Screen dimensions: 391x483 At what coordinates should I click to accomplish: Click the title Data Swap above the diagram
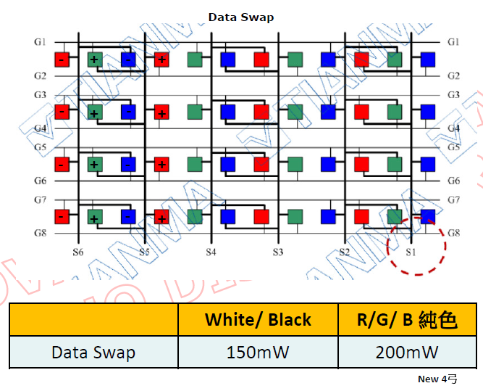pyautogui.click(x=241, y=17)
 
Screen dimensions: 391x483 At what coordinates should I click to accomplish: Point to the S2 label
pyautogui.click(x=345, y=252)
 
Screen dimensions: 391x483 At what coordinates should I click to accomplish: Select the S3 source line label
pyautogui.click(x=277, y=252)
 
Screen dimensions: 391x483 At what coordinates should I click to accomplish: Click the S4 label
pyautogui.click(x=210, y=252)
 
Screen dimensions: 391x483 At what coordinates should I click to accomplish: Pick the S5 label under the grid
pyautogui.click(x=145, y=252)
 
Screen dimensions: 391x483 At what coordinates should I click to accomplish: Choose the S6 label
pyautogui.click(x=78, y=252)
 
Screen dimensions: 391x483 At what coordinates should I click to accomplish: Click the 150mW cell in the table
pyautogui.click(x=258, y=353)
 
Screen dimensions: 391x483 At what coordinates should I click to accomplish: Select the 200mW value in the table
pyautogui.click(x=407, y=353)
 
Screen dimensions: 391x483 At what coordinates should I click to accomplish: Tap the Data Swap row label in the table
pyautogui.click(x=93, y=353)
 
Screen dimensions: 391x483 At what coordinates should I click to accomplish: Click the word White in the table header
pyautogui.click(x=230, y=319)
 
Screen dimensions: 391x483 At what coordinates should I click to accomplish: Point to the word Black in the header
pyautogui.click(x=290, y=319)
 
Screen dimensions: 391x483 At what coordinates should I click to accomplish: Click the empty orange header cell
pyautogui.click(x=93, y=319)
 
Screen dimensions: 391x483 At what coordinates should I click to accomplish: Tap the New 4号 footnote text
pyautogui.click(x=437, y=379)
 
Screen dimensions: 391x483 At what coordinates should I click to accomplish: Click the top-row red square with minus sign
pyautogui.click(x=62, y=59)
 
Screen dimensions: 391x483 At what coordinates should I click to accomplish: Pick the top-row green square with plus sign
pyautogui.click(x=95, y=59)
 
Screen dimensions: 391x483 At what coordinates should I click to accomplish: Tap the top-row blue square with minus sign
pyautogui.click(x=127, y=59)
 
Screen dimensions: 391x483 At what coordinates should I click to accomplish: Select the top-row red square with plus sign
pyautogui.click(x=161, y=59)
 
